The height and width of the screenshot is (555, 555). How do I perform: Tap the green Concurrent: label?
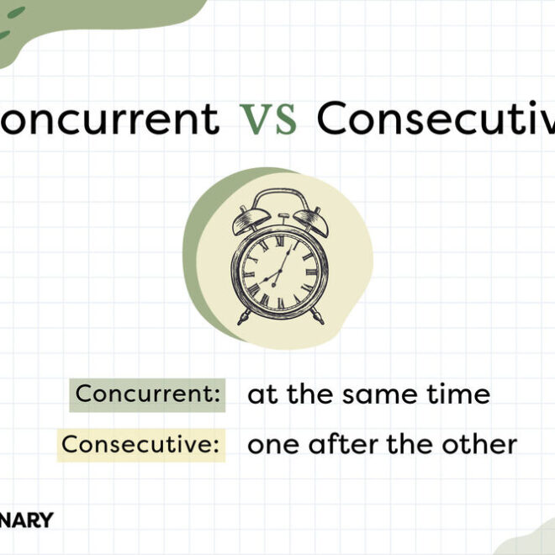coord(148,394)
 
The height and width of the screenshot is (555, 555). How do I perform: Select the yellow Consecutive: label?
coord(141,444)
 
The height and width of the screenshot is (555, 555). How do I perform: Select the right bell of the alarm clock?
coord(306,221)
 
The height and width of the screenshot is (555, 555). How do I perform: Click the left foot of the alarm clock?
coord(243,318)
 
